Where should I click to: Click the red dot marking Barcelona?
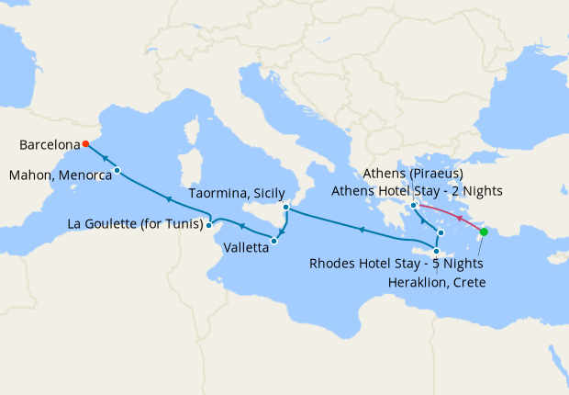[84, 143]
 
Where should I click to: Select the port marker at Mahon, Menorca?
[117, 171]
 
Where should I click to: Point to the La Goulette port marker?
[210, 223]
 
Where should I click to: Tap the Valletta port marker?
[274, 241]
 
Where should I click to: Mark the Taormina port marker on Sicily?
[287, 208]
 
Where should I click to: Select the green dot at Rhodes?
[484, 231]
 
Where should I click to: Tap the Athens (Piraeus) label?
[413, 174]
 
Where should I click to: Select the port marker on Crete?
[437, 252]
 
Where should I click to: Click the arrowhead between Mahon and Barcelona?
[104, 158]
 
